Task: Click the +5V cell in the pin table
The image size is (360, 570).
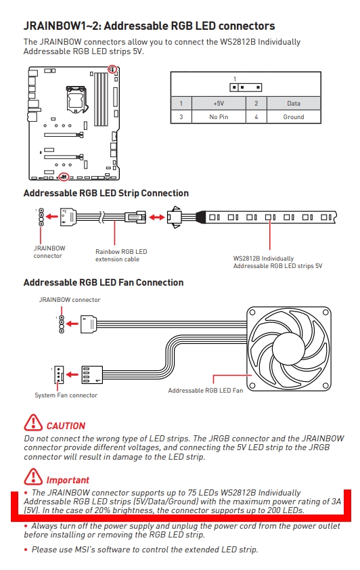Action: (219, 104)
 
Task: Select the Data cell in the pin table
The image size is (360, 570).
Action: (294, 104)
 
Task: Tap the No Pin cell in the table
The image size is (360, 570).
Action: (219, 117)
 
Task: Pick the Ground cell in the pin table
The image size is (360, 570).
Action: (294, 117)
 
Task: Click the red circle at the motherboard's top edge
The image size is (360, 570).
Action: (112, 68)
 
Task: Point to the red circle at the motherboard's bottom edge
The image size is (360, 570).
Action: (64, 177)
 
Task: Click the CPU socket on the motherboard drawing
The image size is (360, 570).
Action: (76, 97)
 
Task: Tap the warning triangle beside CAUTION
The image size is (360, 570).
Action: (33, 422)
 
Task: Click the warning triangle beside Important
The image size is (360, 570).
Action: (33, 477)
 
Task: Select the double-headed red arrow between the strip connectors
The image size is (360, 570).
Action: (156, 217)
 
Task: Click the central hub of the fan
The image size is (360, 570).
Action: (288, 348)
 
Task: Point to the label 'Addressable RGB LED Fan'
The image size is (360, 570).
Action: (206, 391)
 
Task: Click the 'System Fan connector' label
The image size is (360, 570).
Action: (66, 395)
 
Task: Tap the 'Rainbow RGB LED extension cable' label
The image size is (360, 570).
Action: (121, 255)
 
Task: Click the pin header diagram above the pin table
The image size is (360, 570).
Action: (246, 87)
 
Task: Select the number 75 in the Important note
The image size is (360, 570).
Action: (192, 493)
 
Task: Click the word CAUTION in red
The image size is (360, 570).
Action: (66, 426)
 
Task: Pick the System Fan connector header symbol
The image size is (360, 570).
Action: (58, 375)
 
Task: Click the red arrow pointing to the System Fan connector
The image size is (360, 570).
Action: (72, 374)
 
